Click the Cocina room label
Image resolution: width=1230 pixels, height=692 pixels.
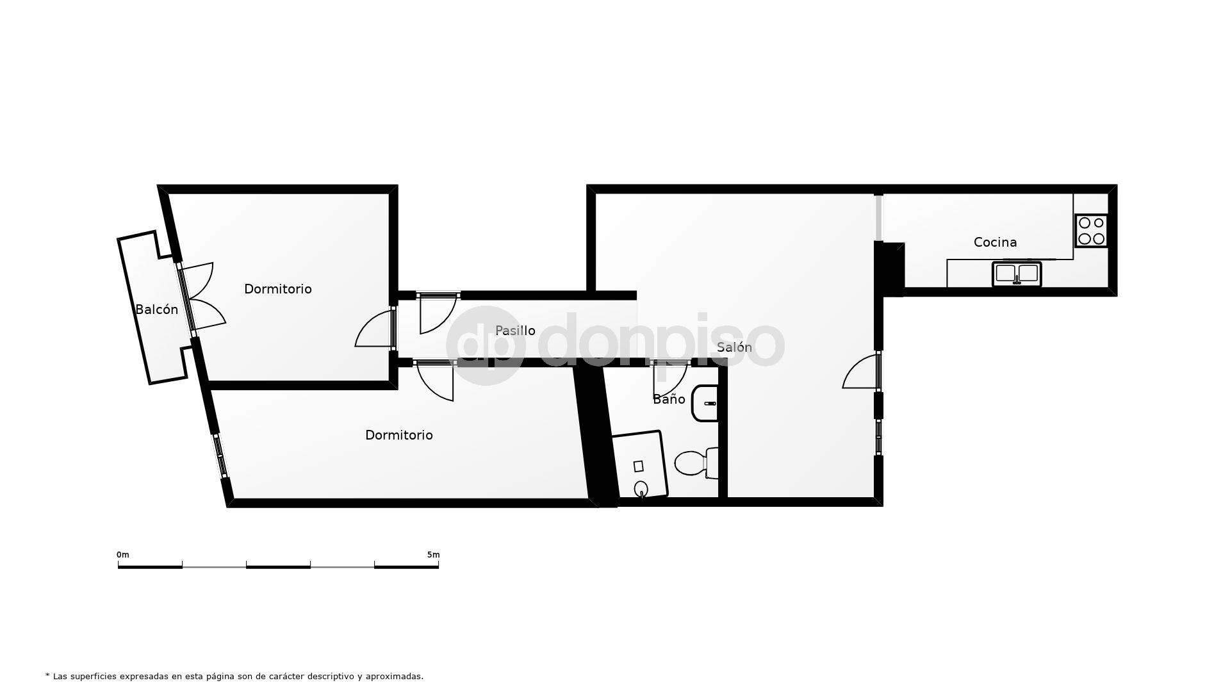click(x=995, y=242)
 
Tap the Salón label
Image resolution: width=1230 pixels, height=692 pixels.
click(x=734, y=347)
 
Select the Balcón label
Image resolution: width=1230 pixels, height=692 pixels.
click(x=156, y=309)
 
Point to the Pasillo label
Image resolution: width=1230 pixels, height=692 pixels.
click(x=515, y=331)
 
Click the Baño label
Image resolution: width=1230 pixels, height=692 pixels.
click(x=669, y=399)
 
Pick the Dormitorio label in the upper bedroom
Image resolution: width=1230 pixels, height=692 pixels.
click(x=277, y=289)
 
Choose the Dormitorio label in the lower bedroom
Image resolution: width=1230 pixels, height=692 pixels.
click(x=398, y=435)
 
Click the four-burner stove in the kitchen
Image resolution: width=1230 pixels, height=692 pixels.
click(x=1091, y=231)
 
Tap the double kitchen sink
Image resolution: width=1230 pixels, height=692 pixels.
click(x=1017, y=274)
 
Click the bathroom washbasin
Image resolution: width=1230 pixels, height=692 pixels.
click(x=705, y=404)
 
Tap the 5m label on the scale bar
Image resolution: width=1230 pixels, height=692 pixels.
click(x=433, y=555)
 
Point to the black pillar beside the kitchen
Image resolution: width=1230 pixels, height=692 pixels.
click(x=890, y=266)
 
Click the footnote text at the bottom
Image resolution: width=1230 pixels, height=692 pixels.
click(x=234, y=676)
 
